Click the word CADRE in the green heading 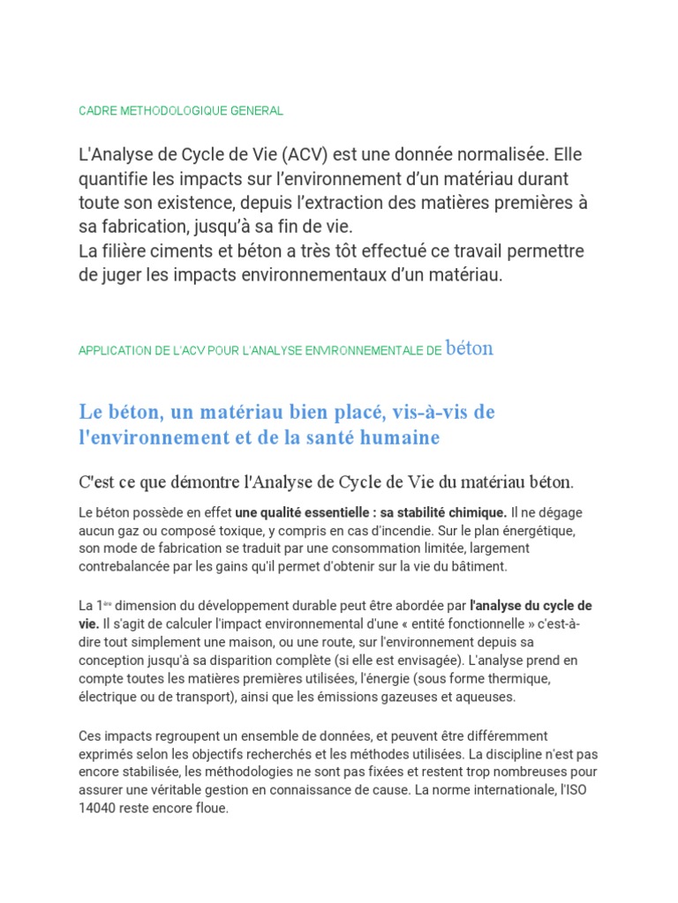pos(97,111)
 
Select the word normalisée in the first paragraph pos(493,155)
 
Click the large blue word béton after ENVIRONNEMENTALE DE pos(470,348)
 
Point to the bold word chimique pos(477,512)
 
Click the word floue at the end pos(208,808)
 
